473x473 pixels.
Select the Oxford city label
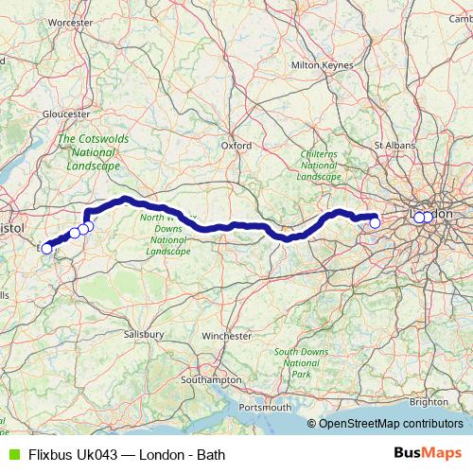(236, 146)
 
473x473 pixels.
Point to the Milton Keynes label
(323, 65)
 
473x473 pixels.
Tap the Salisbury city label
(144, 334)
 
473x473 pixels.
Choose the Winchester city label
(227, 336)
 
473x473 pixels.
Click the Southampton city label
(209, 379)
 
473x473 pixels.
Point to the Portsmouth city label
(266, 407)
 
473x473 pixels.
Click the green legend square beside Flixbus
(11, 454)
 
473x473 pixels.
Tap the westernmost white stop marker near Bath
(46, 249)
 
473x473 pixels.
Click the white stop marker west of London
(375, 222)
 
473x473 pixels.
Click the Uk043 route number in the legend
(99, 454)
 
